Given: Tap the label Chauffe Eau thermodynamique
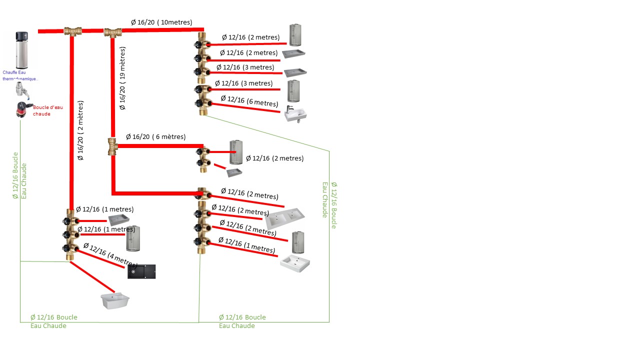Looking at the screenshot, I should click(x=20, y=75).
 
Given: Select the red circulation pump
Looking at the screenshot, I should click(x=21, y=109).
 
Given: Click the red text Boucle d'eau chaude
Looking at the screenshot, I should click(x=48, y=110).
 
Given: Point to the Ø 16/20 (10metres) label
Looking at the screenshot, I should click(x=167, y=22).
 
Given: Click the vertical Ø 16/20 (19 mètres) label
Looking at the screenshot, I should click(x=123, y=78).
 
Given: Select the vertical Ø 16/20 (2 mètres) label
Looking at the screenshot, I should click(x=81, y=130).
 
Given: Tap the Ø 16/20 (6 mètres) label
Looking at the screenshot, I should click(x=155, y=137).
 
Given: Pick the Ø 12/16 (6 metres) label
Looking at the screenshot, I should click(x=249, y=101).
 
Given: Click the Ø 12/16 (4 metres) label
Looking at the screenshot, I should click(x=110, y=254).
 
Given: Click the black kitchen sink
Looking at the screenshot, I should click(x=141, y=271).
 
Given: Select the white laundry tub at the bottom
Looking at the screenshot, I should click(x=114, y=301).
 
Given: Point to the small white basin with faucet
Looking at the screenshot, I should click(x=295, y=114).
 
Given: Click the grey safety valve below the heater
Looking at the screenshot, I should click(x=21, y=90).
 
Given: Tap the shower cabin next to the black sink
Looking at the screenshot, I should click(x=133, y=238).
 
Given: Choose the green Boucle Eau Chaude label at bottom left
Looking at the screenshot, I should click(x=53, y=321).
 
